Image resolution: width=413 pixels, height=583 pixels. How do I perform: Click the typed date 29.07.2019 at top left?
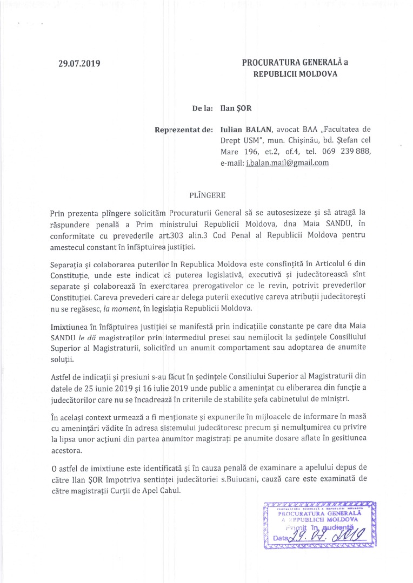click(x=79, y=64)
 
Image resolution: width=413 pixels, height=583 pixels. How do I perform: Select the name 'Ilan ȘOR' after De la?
click(x=236, y=108)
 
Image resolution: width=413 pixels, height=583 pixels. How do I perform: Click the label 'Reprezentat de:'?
click(x=184, y=130)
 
